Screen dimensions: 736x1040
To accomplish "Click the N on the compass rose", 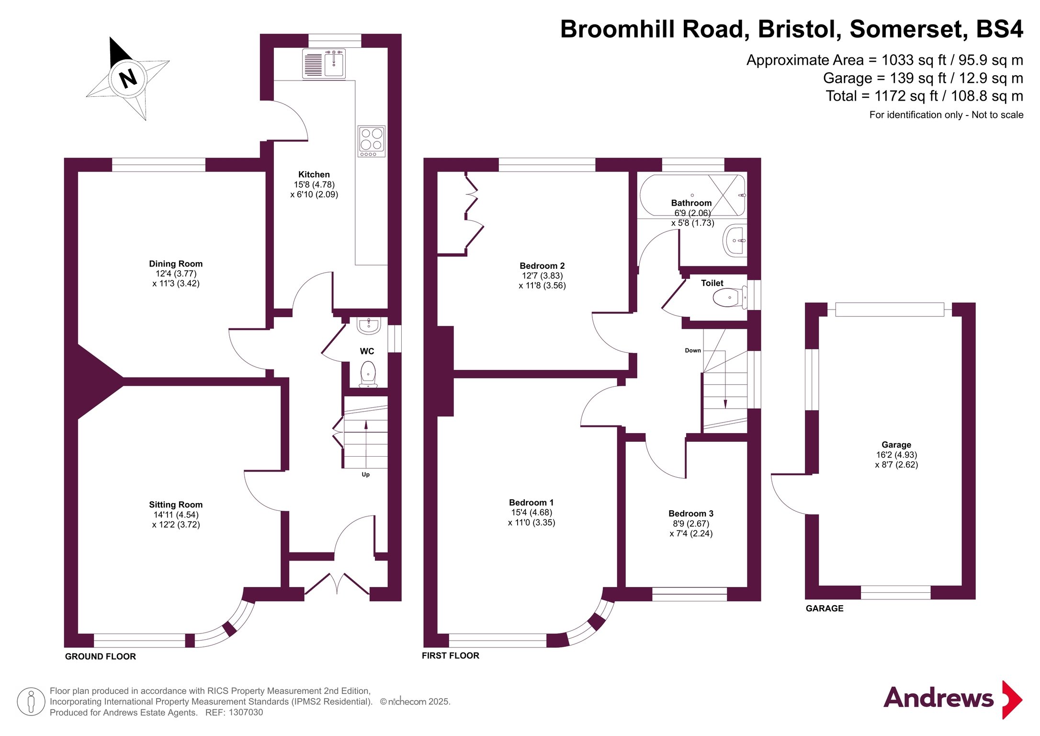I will (128, 78).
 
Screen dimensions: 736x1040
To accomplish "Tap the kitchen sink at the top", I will (334, 64).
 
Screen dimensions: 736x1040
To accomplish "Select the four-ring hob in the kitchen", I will (371, 141).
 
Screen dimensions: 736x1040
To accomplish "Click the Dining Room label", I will (176, 264).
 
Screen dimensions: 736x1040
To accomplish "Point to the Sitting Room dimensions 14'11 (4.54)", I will (176, 515).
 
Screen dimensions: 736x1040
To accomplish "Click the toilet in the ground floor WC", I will (368, 373).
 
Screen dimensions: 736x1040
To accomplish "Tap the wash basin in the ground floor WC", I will (369, 326).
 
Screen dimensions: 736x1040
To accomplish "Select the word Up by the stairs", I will (366, 474).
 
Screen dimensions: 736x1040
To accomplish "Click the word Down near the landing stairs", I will (692, 350).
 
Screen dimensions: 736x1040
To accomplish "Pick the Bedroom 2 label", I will (542, 265).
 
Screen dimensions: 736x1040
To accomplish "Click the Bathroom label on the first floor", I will (691, 203).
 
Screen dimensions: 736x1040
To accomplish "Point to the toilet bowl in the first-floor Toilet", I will (728, 298).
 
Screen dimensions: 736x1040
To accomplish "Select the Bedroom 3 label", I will (691, 513).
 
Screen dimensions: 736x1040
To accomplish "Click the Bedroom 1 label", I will (531, 502).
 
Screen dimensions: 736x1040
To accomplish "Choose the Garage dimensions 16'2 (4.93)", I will (896, 455).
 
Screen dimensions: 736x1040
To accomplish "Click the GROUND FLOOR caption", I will (101, 656).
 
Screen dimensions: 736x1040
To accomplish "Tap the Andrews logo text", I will (938, 698).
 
